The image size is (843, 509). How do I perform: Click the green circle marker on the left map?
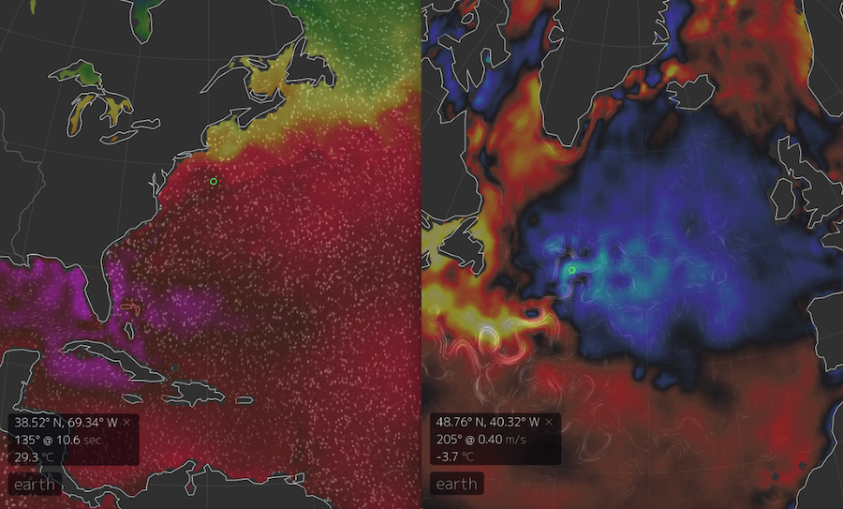tap(214, 181)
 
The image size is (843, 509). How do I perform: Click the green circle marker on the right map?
tap(571, 270)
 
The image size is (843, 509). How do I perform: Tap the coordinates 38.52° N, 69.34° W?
tap(67, 423)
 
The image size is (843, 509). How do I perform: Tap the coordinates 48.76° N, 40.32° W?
tap(487, 423)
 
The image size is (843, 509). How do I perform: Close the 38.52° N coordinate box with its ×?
tap(126, 423)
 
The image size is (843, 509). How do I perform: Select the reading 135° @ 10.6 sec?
tap(57, 440)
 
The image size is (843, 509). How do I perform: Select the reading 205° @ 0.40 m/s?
tap(481, 440)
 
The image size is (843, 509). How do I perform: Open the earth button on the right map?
tap(456, 485)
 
